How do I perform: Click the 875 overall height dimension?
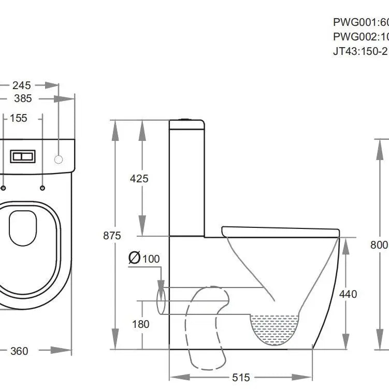tap(111, 236)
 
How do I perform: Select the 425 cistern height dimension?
tap(139, 179)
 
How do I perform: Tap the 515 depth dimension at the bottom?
tap(241, 378)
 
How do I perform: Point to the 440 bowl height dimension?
tap(348, 294)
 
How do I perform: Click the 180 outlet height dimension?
tap(140, 324)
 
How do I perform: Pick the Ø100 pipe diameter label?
tap(145, 258)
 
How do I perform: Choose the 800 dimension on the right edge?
tap(380, 245)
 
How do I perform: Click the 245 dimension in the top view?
tap(22, 85)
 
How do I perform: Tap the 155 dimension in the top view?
tap(19, 118)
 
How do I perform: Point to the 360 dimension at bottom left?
tap(19, 351)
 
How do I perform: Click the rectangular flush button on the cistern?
tap(23, 155)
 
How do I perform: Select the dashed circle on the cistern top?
tap(59, 159)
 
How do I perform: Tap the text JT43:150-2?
tap(361, 51)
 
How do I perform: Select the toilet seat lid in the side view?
tap(280, 229)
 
